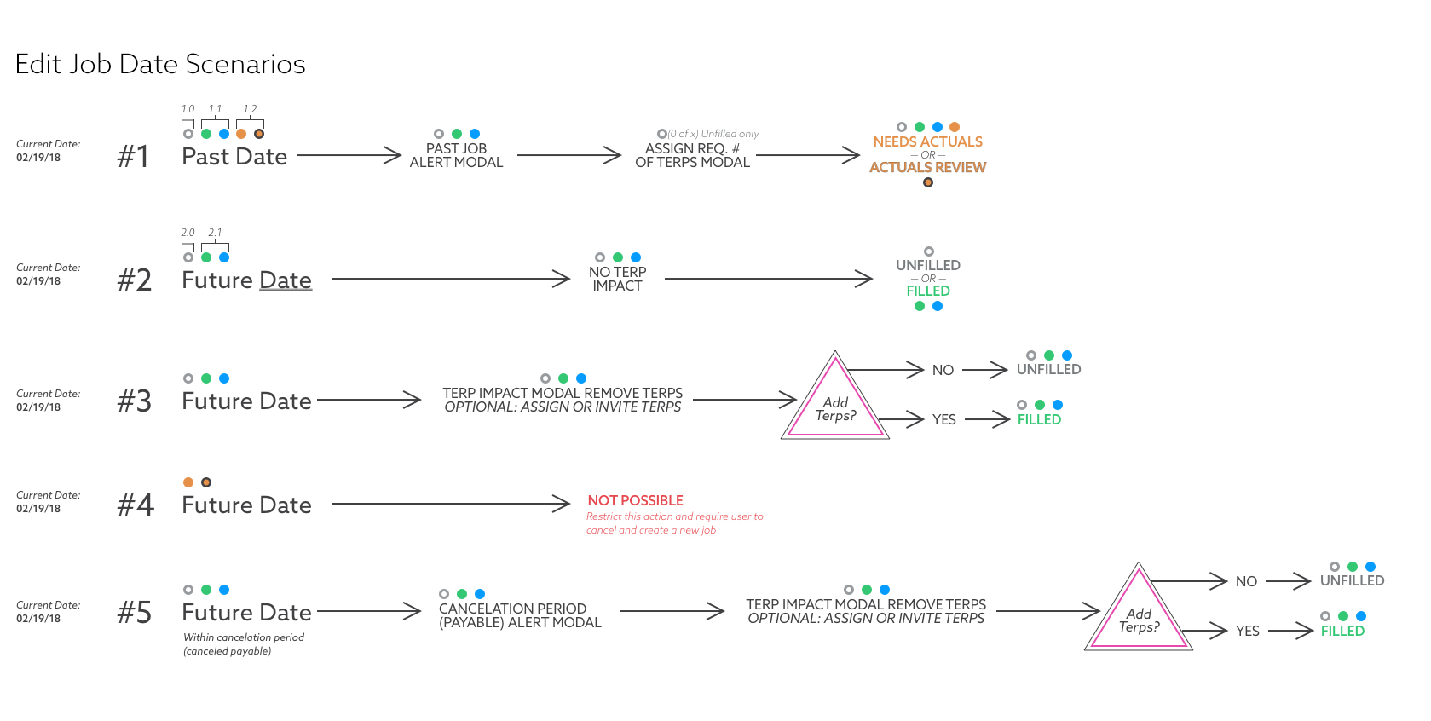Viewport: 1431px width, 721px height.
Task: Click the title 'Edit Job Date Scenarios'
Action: (160, 64)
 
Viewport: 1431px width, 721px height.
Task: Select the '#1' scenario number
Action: (134, 157)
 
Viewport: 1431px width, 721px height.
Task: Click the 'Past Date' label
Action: (234, 157)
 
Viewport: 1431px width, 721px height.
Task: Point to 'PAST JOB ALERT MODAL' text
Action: (456, 155)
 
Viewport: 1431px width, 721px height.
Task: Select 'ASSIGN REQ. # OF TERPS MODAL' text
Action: (692, 155)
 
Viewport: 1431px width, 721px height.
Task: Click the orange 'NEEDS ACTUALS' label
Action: (927, 141)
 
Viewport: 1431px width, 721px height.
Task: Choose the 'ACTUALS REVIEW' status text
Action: (927, 168)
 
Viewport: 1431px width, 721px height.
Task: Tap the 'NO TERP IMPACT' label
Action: (617, 279)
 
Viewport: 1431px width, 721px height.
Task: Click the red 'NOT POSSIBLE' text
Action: (635, 500)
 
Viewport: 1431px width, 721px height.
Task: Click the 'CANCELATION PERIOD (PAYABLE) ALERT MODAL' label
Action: (520, 615)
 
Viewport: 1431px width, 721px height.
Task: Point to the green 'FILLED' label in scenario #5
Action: (1342, 631)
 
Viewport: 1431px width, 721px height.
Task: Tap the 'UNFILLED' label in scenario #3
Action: (1048, 369)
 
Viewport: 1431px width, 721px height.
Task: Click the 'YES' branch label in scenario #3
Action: (943, 419)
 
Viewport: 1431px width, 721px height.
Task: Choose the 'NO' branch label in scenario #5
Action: (1246, 581)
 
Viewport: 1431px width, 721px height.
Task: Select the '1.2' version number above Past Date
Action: (250, 109)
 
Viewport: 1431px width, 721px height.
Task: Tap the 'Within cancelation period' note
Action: (244, 637)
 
